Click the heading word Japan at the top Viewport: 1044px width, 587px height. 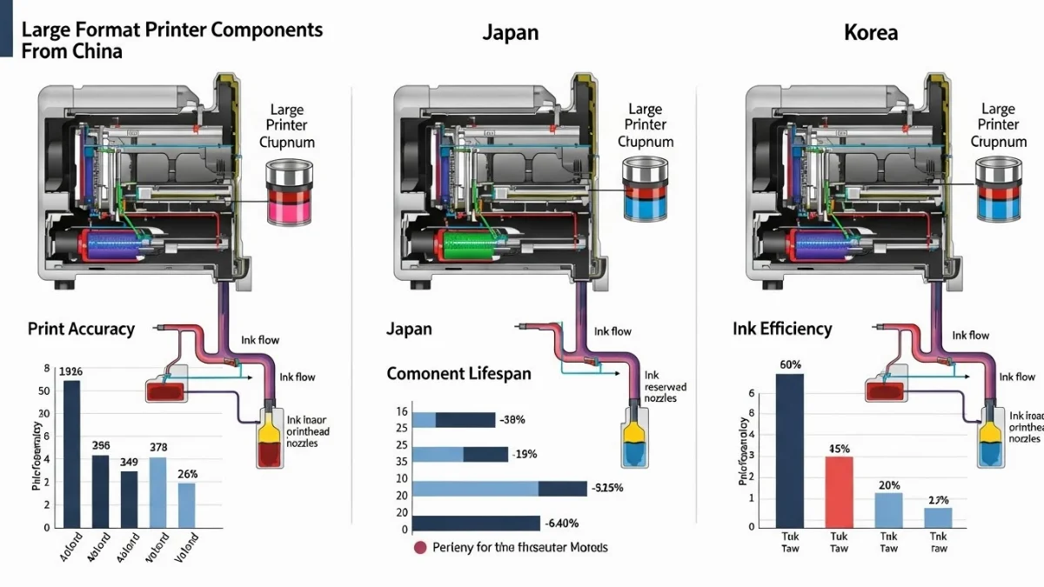click(x=510, y=33)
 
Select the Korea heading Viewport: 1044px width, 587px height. click(x=871, y=33)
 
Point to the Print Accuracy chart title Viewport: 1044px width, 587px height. click(x=81, y=329)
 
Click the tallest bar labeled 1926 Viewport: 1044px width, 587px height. click(x=71, y=452)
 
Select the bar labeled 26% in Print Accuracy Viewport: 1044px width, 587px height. click(x=186, y=504)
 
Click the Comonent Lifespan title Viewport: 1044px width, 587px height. click(x=458, y=375)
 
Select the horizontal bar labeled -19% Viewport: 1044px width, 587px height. click(x=459, y=454)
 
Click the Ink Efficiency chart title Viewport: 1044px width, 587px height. click(x=782, y=329)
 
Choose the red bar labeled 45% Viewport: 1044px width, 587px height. click(x=839, y=491)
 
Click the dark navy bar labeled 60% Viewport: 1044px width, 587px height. click(x=789, y=450)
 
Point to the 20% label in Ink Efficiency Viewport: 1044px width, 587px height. click(x=888, y=485)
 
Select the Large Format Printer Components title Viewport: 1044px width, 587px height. click(x=171, y=39)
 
